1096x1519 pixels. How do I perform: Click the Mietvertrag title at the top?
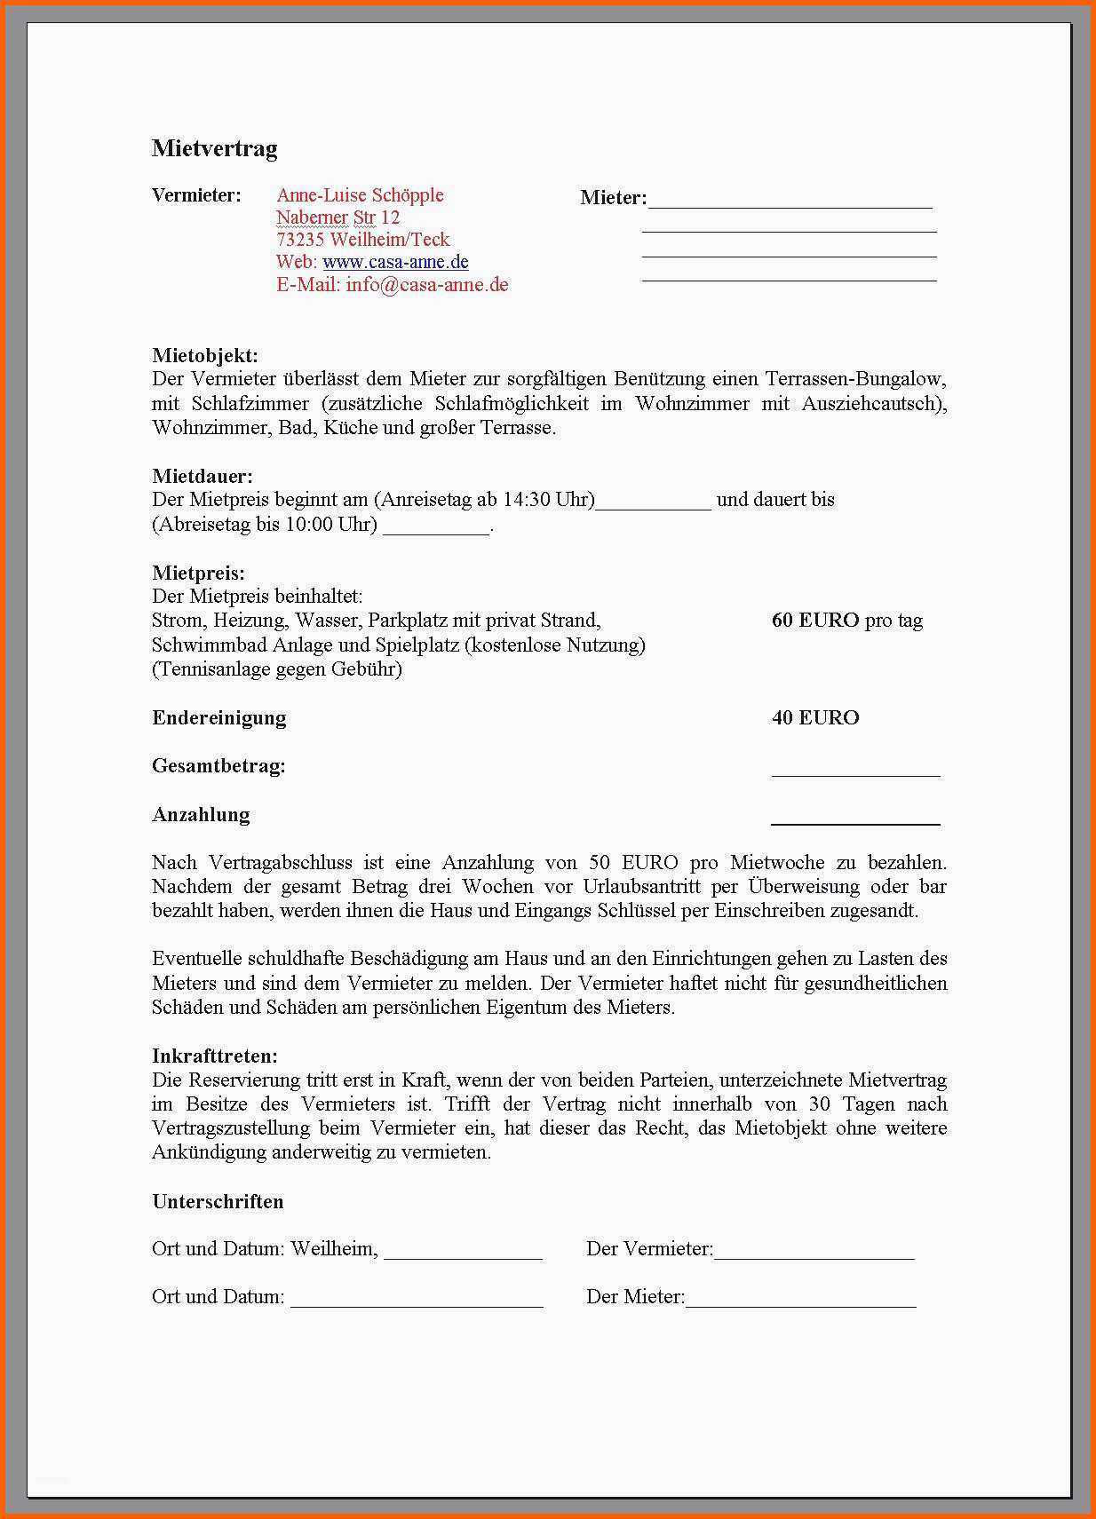click(214, 148)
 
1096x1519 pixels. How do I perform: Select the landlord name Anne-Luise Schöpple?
click(360, 195)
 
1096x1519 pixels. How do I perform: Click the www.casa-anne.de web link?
click(395, 262)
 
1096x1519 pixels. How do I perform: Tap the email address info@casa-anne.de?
click(427, 285)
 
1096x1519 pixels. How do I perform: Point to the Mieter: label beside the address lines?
click(613, 198)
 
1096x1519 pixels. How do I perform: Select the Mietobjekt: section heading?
click(205, 356)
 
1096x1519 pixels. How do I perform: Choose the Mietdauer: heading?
click(203, 477)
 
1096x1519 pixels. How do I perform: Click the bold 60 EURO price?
click(814, 621)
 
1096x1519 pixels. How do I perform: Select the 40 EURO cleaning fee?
click(815, 718)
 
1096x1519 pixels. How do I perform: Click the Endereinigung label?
click(219, 718)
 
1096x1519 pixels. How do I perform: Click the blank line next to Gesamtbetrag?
click(855, 773)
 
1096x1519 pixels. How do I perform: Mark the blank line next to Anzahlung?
click(855, 822)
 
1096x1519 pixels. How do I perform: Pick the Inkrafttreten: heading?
click(215, 1056)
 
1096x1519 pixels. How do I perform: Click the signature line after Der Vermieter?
click(814, 1255)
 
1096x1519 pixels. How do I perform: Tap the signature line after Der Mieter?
click(800, 1303)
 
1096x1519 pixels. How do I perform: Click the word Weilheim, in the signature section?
click(334, 1249)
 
